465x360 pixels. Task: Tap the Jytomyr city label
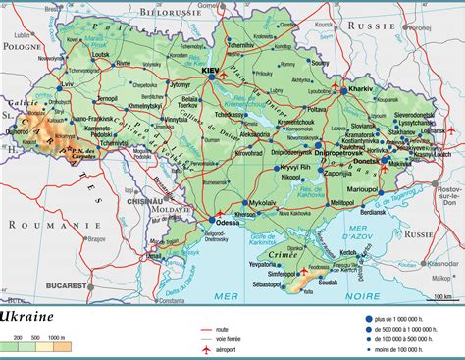point(180,86)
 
